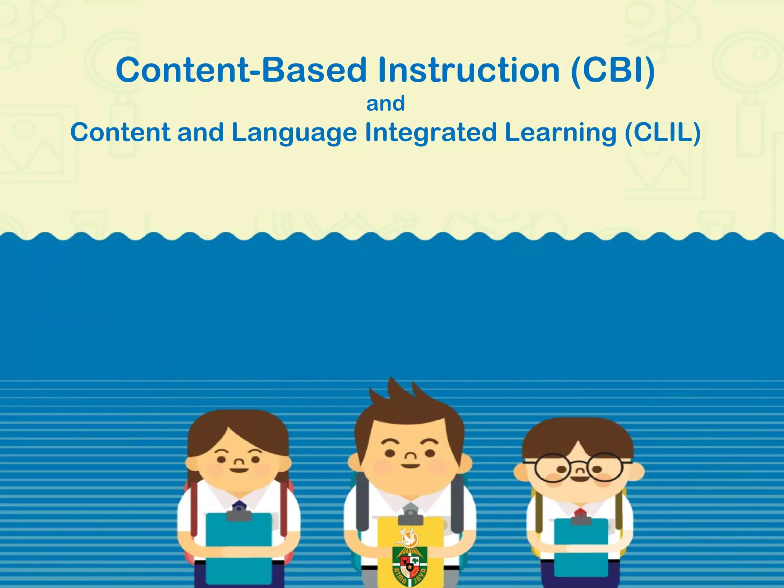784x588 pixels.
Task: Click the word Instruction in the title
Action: click(469, 70)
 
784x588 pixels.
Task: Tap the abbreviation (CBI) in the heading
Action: click(612, 70)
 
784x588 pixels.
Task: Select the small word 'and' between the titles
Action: click(385, 104)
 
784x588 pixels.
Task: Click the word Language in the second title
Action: click(294, 132)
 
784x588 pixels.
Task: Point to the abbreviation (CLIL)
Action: click(662, 132)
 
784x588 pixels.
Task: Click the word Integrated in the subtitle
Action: click(430, 132)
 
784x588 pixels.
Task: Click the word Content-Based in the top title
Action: click(241, 70)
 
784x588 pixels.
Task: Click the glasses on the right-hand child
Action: click(578, 468)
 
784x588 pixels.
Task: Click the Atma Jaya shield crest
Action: click(410, 563)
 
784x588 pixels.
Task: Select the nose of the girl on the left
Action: click(239, 462)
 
